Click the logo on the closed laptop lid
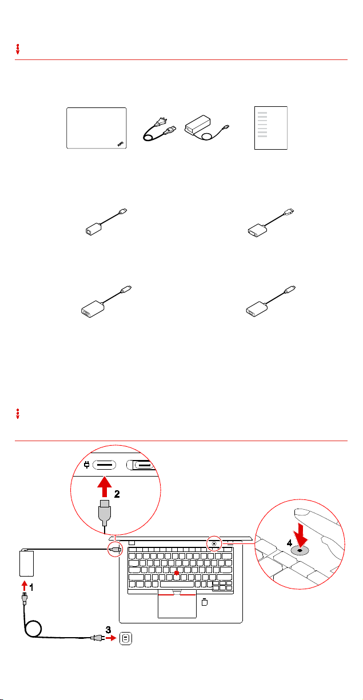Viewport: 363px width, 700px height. click(x=121, y=144)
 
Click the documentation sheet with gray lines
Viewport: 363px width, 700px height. click(x=271, y=128)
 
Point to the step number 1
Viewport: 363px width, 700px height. click(x=31, y=587)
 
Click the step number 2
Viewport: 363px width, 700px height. click(x=117, y=494)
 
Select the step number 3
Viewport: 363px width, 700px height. click(x=108, y=630)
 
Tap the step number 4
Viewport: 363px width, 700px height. click(x=289, y=543)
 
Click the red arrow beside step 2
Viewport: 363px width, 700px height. click(x=105, y=486)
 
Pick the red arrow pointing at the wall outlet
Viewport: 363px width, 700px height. click(x=111, y=638)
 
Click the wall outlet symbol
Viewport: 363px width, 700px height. click(x=126, y=638)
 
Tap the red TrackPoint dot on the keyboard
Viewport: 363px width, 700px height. click(x=177, y=573)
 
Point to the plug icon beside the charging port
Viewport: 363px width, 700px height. click(x=87, y=465)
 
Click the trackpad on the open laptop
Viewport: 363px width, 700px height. click(x=177, y=606)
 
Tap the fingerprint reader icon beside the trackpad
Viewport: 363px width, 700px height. click(x=205, y=602)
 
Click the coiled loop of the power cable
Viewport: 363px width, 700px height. click(x=33, y=629)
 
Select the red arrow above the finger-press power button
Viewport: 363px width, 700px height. click(x=301, y=535)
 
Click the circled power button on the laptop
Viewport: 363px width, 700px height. click(x=214, y=544)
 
